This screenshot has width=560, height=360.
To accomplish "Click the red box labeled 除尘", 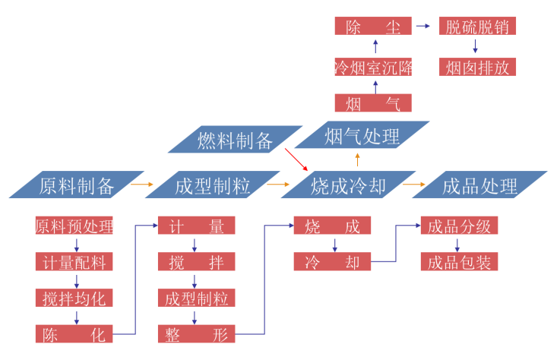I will click(373, 27).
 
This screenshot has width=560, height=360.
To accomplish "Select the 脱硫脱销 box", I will click(478, 27).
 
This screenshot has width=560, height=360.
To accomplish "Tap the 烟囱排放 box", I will click(478, 67).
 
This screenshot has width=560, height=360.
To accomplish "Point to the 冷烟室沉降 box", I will click(373, 67).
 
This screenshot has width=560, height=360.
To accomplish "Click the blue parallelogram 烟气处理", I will click(362, 137).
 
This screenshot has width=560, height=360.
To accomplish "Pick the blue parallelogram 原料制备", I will click(76, 185).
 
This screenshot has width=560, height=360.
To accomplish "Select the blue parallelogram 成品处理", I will click(479, 185).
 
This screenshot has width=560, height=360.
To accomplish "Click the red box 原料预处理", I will click(74, 226).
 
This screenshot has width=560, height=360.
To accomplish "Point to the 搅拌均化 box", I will click(74, 298).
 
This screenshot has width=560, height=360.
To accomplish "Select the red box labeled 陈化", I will click(74, 333).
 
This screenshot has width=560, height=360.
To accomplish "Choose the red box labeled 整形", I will click(196, 333).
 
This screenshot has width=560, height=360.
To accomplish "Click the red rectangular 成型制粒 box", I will click(196, 298).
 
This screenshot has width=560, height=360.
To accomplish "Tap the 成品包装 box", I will click(459, 262).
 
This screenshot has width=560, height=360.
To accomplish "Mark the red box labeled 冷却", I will click(332, 262).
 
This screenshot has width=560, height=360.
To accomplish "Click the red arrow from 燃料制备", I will click(296, 159).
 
